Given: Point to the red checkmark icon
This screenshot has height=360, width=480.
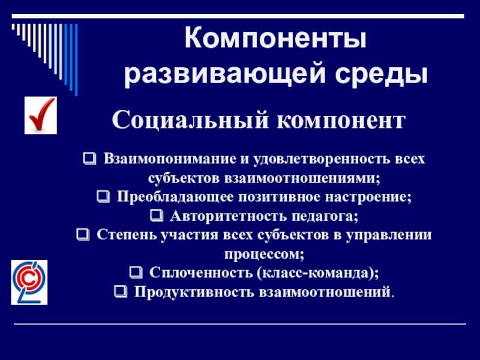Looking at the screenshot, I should [40, 116].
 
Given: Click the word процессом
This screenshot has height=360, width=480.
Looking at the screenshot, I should [265, 253].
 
